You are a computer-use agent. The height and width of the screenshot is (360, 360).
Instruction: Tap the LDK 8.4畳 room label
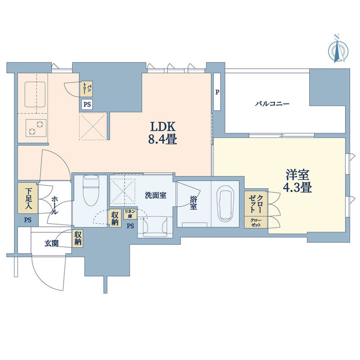tap(162, 133)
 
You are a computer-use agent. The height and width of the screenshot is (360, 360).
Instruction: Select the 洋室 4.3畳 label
tap(297, 181)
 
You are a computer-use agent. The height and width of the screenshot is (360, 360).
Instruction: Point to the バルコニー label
tap(272, 104)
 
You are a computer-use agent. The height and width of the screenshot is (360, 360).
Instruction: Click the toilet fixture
tap(91, 190)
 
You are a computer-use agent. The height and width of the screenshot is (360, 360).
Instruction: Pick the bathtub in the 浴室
tap(225, 203)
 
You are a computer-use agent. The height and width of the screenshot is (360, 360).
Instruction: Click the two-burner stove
tap(36, 128)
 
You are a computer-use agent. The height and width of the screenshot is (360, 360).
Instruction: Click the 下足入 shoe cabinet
tap(28, 198)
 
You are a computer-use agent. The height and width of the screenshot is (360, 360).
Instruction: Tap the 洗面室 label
tap(155, 195)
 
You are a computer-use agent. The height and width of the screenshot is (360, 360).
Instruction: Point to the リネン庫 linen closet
tap(130, 214)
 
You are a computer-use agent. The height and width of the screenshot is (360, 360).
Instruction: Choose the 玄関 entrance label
tap(51, 243)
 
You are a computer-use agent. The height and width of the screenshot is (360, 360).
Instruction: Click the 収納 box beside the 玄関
tap(77, 239)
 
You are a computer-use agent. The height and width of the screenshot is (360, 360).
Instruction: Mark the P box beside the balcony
tap(217, 92)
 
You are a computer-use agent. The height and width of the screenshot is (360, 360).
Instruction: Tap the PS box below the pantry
tap(87, 104)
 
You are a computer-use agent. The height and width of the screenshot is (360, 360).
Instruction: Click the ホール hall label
tap(54, 205)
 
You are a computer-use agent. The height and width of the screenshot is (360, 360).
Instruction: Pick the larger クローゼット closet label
tap(256, 203)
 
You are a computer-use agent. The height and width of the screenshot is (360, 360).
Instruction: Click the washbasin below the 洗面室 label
tap(155, 227)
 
